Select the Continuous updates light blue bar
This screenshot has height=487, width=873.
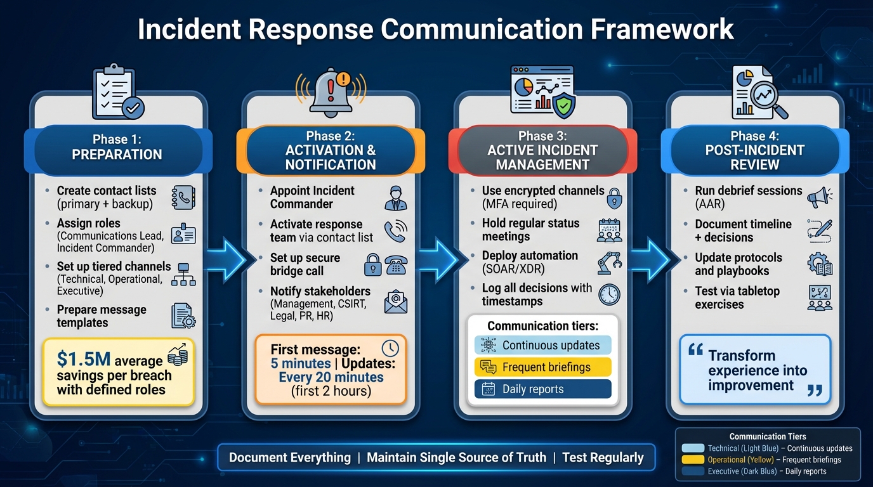[542, 346]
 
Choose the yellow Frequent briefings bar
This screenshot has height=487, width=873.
[542, 367]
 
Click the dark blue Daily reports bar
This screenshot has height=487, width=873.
[542, 389]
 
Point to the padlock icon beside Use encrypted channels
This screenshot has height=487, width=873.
[614, 198]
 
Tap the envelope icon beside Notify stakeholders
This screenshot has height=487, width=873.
[396, 301]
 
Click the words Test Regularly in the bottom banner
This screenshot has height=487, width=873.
[603, 457]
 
